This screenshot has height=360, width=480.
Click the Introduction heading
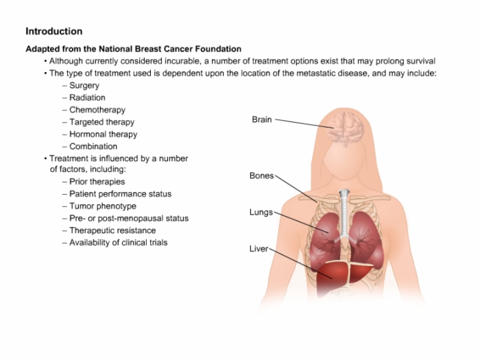pyautogui.click(x=54, y=32)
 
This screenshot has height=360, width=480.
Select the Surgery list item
pyautogui.click(x=84, y=86)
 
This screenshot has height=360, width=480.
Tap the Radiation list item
pyautogui.click(x=87, y=97)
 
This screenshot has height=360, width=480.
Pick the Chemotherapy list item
pyautogui.click(x=97, y=110)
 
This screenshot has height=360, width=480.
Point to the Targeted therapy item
pyautogui.click(x=102, y=122)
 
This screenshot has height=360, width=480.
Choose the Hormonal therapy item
pyautogui.click(x=103, y=134)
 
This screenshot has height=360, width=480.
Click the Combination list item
pyautogui.click(x=93, y=146)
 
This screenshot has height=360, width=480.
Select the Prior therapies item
pyautogui.click(x=97, y=182)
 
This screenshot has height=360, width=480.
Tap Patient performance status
pyautogui.click(x=120, y=194)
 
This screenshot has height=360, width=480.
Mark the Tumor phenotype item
pyautogui.click(x=103, y=206)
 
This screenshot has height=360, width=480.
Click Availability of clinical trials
pyautogui.click(x=119, y=243)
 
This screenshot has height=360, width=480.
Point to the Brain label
pyautogui.click(x=262, y=119)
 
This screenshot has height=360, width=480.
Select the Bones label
pyautogui.click(x=261, y=176)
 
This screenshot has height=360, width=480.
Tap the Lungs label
pyautogui.click(x=261, y=212)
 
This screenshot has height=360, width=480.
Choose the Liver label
pyautogui.click(x=259, y=249)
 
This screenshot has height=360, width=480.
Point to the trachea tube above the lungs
pyautogui.click(x=344, y=214)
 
